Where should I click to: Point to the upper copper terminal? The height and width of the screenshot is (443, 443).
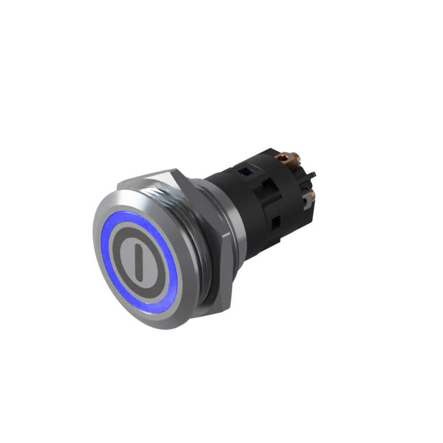(288, 161)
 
